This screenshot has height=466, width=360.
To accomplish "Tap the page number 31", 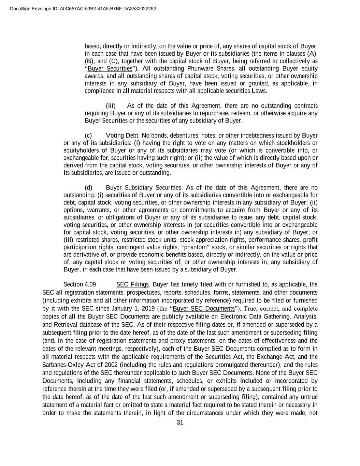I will click(180, 423).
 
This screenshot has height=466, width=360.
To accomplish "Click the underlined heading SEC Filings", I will click(132, 284).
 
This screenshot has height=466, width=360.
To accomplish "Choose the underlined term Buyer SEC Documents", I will click(204, 309).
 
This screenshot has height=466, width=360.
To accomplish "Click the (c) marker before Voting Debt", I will click(88, 136).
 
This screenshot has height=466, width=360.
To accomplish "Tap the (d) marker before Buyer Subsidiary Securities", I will click(88, 188).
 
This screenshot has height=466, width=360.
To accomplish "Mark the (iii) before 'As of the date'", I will click(111, 106).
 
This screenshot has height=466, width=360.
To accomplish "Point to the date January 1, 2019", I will click(115, 309).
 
